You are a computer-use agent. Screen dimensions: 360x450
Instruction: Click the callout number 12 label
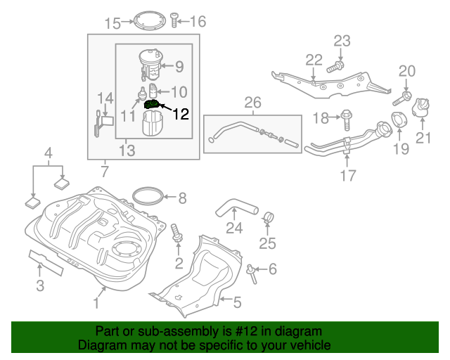(x=181, y=114)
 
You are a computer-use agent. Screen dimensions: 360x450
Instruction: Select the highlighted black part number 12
(x=153, y=105)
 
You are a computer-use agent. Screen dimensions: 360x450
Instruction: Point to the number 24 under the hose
(x=234, y=227)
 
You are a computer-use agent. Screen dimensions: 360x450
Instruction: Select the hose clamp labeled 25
(x=267, y=217)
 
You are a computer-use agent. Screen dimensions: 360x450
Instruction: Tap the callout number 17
(x=348, y=176)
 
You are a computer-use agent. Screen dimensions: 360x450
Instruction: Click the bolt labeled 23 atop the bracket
(x=336, y=67)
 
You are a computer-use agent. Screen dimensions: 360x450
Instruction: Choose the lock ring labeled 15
(x=149, y=20)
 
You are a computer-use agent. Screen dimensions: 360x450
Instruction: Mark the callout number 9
(x=179, y=67)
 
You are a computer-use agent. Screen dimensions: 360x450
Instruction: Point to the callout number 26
(x=252, y=103)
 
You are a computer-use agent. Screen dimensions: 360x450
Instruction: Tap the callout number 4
(x=48, y=153)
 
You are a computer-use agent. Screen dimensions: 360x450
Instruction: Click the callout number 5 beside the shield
(x=237, y=303)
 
